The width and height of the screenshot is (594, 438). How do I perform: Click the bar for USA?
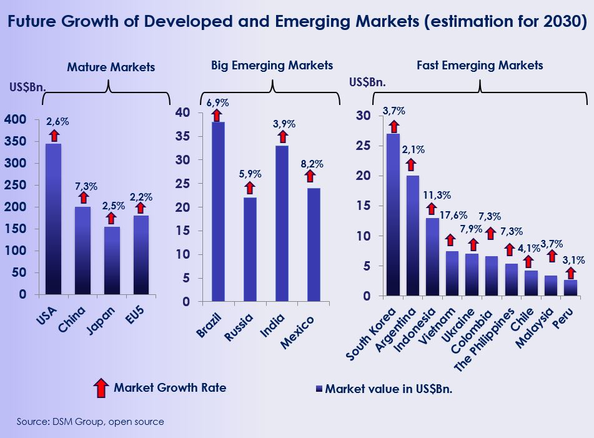click(x=54, y=219)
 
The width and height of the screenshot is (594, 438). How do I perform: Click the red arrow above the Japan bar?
click(x=112, y=218)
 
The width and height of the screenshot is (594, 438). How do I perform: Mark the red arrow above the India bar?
click(x=282, y=137)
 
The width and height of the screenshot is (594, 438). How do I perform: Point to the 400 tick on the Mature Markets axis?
click(x=16, y=119)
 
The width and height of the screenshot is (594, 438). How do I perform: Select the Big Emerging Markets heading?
click(x=272, y=65)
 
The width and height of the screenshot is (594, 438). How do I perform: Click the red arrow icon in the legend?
click(x=100, y=388)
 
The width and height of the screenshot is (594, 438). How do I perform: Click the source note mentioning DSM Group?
click(x=91, y=422)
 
